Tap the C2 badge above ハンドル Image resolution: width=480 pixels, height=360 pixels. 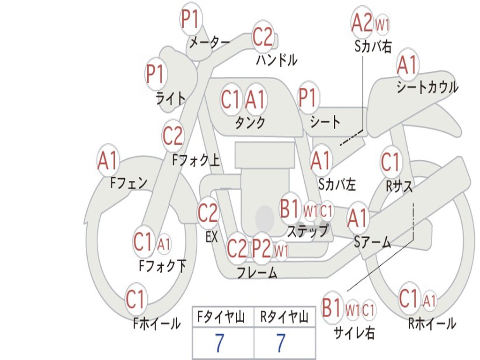262,37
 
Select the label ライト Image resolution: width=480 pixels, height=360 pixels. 170,98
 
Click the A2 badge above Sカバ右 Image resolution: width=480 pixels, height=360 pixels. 362,22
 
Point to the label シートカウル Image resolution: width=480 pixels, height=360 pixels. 427,87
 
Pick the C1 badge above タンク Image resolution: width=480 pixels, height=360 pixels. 231,99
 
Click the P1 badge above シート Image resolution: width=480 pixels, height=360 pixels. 308,98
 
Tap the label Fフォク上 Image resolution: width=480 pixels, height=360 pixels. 196,161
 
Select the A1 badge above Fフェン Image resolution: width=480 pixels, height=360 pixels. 108,160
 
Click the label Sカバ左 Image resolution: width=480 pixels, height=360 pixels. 337,185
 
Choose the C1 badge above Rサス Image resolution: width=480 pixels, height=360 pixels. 391,162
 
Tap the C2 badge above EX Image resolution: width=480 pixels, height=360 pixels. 208,213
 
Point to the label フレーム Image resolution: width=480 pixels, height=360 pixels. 256,273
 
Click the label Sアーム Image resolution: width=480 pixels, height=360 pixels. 372,242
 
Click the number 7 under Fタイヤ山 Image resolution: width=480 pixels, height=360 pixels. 219,343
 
